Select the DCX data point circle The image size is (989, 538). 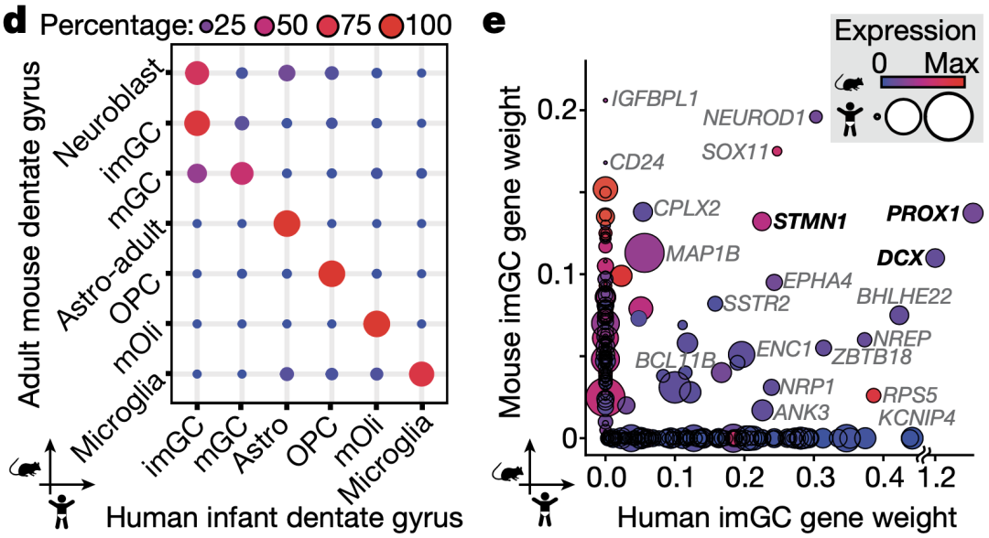tap(934, 258)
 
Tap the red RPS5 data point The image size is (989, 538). tap(874, 395)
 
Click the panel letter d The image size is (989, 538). tap(15, 21)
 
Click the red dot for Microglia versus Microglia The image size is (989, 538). tap(421, 373)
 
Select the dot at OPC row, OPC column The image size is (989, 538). tap(331, 273)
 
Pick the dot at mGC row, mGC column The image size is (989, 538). tap(241, 173)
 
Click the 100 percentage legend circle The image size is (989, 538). tap(402, 25)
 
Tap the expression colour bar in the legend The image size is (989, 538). tap(923, 81)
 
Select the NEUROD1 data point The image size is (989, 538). tap(816, 116)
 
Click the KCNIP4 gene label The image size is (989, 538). tap(918, 417)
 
